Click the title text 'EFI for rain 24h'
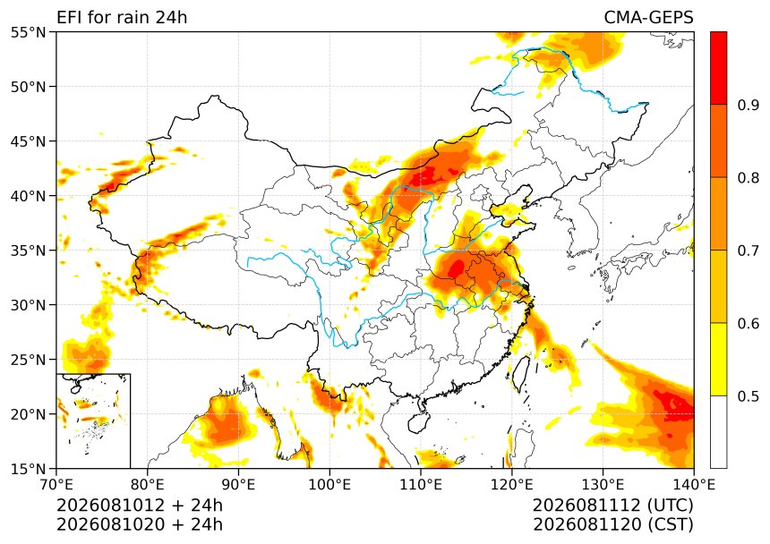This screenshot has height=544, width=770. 122,18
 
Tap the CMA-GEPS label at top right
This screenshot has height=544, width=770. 648,18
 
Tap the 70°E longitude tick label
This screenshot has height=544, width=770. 56,485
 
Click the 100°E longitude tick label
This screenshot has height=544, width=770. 329,485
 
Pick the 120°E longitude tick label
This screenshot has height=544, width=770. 512,485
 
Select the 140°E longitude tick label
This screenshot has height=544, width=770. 693,485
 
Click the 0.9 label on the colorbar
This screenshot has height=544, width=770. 748,105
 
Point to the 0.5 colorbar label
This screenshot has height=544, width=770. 748,396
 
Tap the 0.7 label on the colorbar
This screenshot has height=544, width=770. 748,251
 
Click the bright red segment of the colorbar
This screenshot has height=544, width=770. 718,68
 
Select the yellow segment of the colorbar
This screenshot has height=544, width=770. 718,359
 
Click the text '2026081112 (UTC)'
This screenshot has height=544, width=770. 612,505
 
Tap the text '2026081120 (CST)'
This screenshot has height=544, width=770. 612,524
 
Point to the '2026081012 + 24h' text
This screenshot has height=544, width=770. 140,505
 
